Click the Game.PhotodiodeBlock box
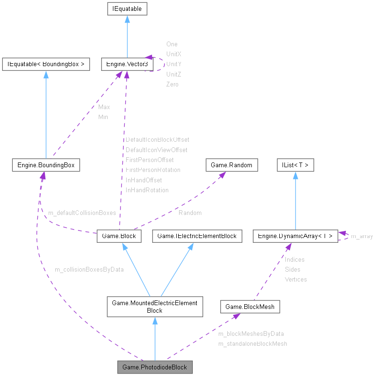(155, 367)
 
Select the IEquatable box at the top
(127, 9)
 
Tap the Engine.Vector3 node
(125, 64)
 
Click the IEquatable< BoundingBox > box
(46, 64)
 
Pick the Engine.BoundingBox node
(46, 165)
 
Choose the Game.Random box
(232, 165)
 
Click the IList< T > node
(295, 165)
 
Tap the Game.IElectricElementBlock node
(197, 236)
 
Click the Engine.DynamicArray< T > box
(295, 236)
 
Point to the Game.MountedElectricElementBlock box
(155, 307)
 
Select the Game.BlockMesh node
(250, 307)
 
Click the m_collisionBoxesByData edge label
(89, 269)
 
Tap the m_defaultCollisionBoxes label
(82, 213)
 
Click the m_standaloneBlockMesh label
(252, 343)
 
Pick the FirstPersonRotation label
(153, 170)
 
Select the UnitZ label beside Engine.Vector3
(173, 74)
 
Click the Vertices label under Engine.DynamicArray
(295, 279)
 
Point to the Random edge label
(190, 213)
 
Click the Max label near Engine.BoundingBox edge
(104, 107)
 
